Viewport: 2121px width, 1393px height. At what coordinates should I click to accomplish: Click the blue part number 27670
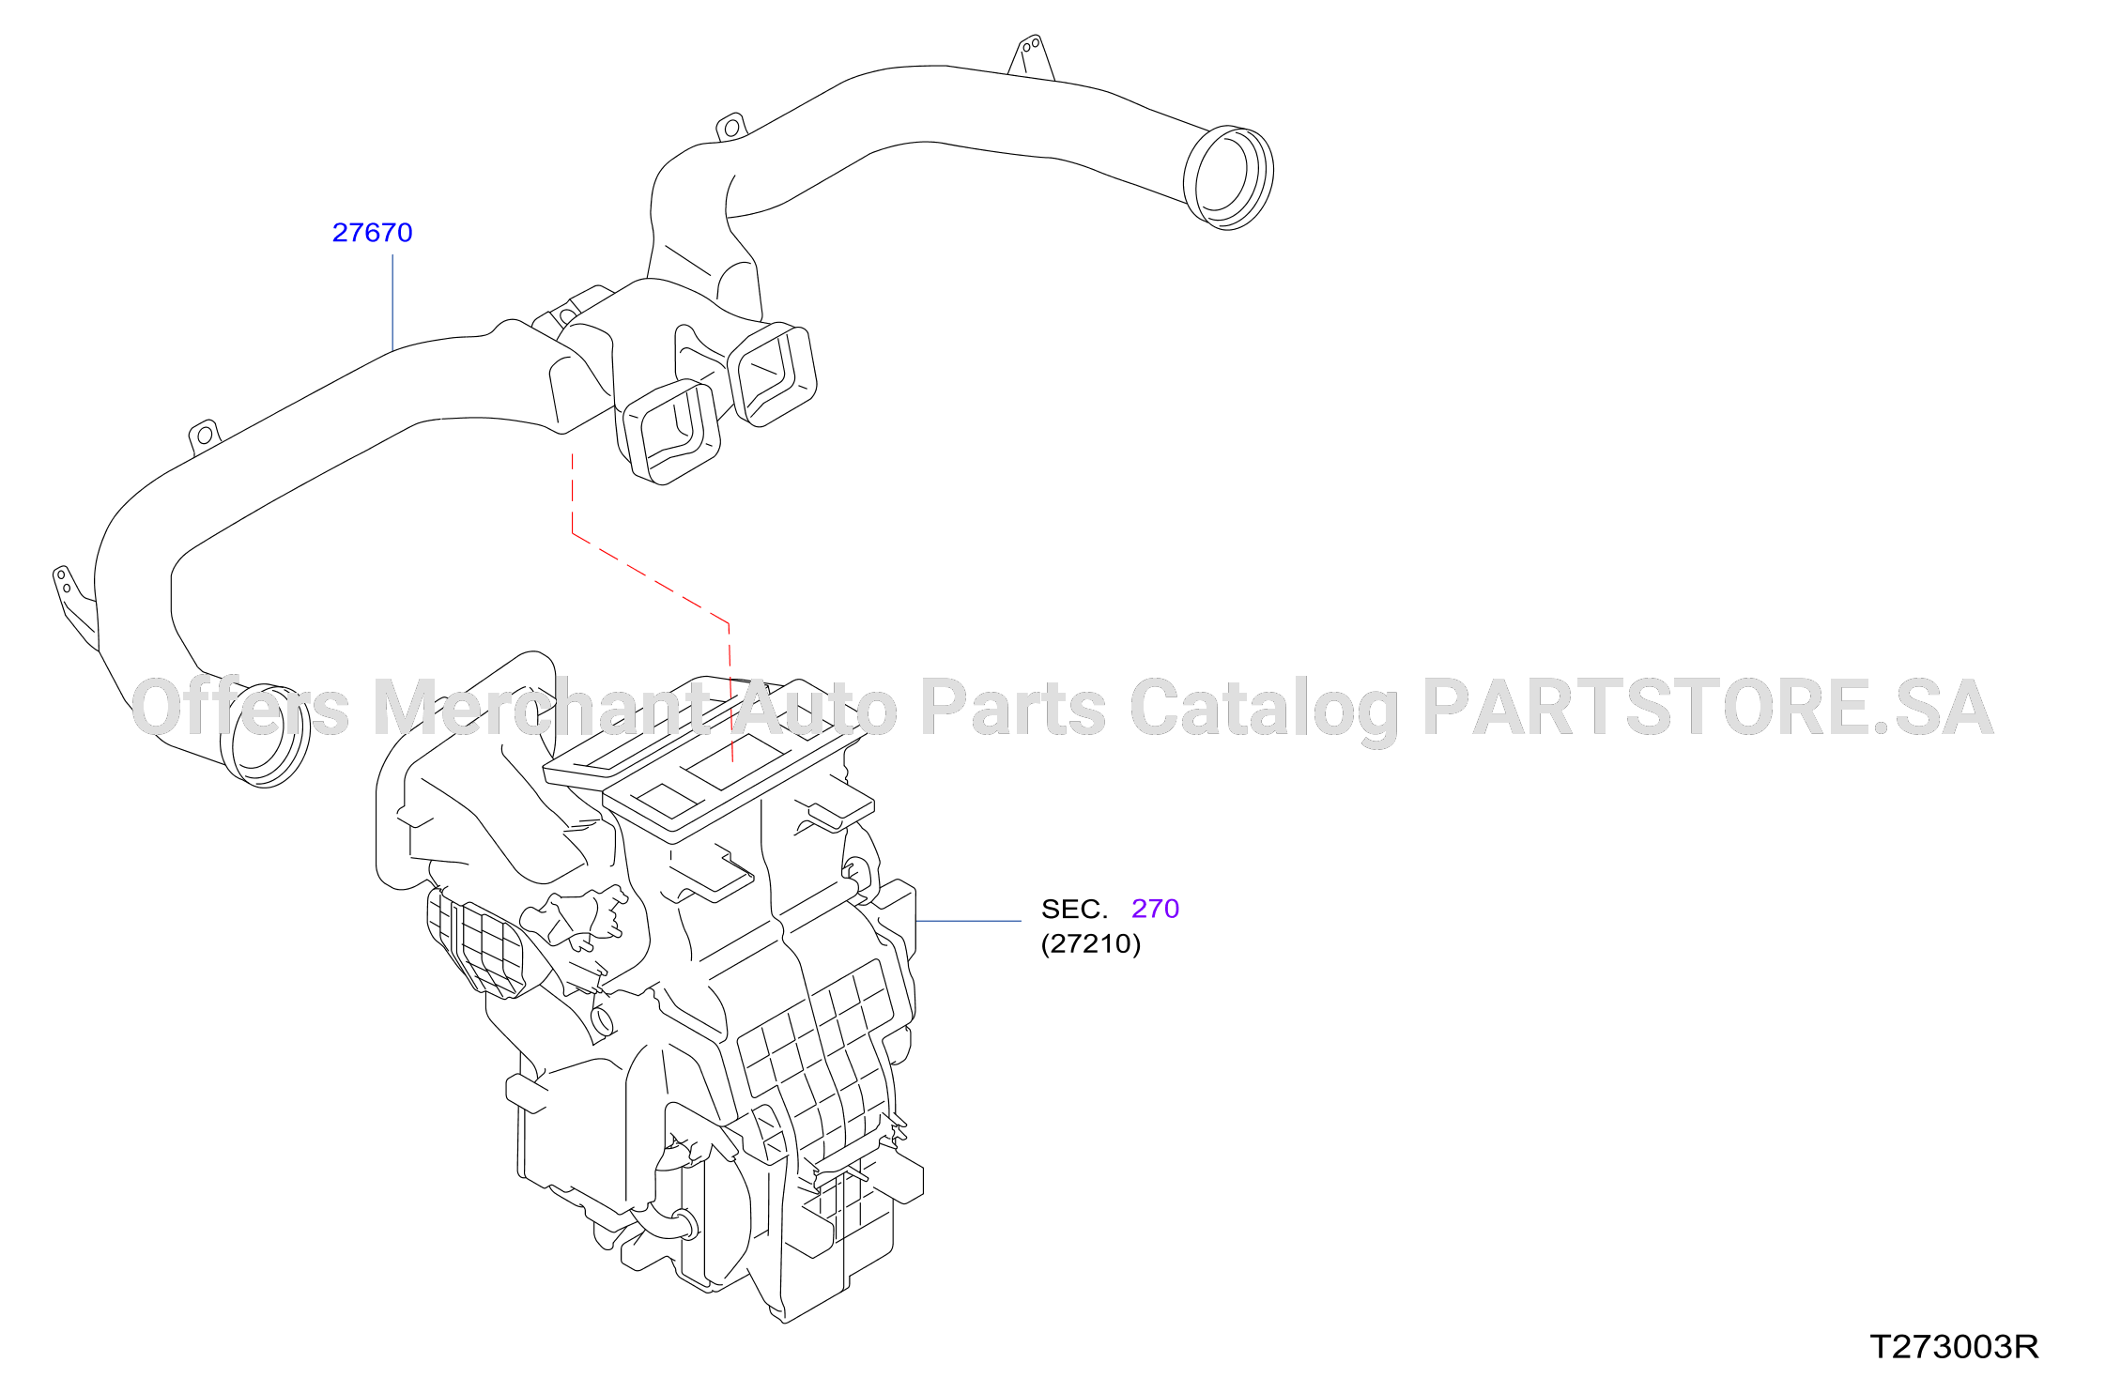coord(372,233)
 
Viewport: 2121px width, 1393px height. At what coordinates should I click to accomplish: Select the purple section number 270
coord(1155,909)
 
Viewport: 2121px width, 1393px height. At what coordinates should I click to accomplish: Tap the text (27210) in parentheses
coord(1091,943)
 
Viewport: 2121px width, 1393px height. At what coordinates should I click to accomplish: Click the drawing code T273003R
coord(1954,1347)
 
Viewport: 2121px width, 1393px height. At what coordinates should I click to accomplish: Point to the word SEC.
coord(1074,909)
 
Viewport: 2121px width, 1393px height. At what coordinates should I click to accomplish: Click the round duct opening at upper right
coord(1228,177)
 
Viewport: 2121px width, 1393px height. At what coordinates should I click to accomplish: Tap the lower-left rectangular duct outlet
coord(670,432)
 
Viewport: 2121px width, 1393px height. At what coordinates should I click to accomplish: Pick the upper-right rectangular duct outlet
coord(772,375)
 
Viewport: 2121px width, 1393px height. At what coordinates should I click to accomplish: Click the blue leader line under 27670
coord(392,303)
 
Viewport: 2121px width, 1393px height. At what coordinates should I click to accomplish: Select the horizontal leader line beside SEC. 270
coord(968,921)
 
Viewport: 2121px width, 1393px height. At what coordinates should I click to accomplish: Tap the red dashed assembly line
coord(651,581)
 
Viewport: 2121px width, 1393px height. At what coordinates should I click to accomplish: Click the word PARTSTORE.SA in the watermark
coord(1708,708)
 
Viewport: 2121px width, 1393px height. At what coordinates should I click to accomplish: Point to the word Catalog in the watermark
coord(1264,711)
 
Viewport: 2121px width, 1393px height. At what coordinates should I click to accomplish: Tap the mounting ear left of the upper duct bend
coord(730,127)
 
